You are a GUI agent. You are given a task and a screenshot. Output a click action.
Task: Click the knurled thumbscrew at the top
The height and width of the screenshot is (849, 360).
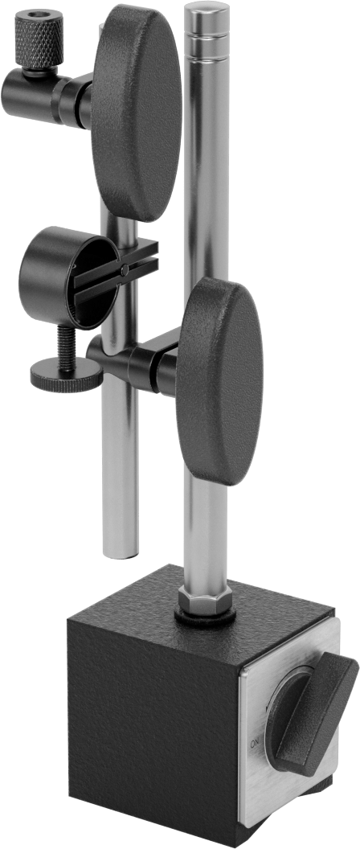(39, 39)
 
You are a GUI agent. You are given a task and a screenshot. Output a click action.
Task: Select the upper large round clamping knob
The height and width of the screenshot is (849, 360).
(136, 113)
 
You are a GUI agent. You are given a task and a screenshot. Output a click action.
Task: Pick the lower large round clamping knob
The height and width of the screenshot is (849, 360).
(220, 381)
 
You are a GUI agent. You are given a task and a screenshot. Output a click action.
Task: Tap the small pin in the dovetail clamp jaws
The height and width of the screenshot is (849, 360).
(125, 269)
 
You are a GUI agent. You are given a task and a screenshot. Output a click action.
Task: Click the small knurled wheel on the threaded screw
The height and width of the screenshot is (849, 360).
(66, 376)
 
